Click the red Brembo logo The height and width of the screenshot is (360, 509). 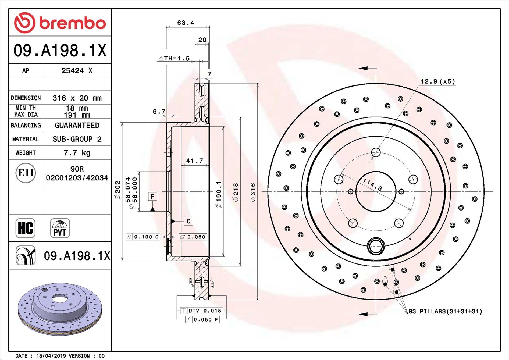[x=60, y=23]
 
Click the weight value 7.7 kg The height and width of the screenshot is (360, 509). [x=77, y=153]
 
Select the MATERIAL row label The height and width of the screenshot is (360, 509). [x=26, y=139]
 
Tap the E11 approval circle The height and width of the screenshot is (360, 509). [x=26, y=173]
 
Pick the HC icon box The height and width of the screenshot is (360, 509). [x=26, y=228]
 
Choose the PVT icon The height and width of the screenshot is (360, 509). [x=60, y=228]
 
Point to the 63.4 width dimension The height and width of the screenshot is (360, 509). [x=186, y=23]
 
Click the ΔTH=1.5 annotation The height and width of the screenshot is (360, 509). [x=174, y=58]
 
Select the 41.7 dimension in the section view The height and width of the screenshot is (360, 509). [x=194, y=161]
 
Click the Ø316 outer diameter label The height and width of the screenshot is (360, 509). [x=253, y=192]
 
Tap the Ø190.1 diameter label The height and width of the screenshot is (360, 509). [x=219, y=194]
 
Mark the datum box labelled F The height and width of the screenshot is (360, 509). [x=152, y=197]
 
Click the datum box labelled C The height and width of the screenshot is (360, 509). [x=188, y=221]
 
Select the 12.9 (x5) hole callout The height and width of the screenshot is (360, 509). [x=437, y=81]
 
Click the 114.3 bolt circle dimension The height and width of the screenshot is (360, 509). [x=372, y=184]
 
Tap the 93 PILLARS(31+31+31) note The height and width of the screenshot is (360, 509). [x=445, y=311]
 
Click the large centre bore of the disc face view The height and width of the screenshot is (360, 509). [x=376, y=191]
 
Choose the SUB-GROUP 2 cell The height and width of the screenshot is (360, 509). [x=77, y=139]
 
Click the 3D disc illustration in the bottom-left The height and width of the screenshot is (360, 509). [x=60, y=309]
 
